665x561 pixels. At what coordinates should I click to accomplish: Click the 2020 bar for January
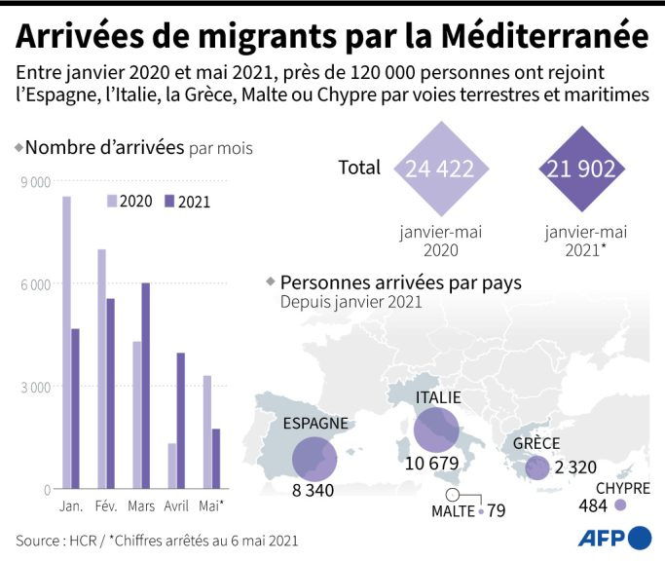66,343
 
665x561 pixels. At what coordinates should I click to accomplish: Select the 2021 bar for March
145,386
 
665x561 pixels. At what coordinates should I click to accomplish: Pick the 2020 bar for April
172,466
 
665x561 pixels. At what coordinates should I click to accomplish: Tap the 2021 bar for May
216,459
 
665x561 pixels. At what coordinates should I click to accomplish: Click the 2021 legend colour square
169,202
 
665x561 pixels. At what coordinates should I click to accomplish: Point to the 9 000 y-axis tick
36,182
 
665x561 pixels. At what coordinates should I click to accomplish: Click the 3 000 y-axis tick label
36,387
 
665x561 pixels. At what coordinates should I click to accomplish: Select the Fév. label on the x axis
106,506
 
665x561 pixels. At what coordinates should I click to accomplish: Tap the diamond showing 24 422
441,168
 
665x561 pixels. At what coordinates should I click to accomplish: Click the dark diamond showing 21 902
582,168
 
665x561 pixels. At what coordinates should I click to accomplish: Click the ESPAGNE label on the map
315,423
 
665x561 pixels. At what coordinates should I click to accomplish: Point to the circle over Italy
436,430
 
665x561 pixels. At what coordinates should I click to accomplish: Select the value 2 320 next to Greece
575,467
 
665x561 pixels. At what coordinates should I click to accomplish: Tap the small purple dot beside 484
620,505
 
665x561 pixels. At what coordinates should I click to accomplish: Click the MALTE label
453,511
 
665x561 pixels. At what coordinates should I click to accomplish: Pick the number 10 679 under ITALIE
431,464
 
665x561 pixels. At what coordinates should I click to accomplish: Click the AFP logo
614,539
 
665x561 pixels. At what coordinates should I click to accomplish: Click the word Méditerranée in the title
545,36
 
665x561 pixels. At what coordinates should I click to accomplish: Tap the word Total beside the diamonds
359,168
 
